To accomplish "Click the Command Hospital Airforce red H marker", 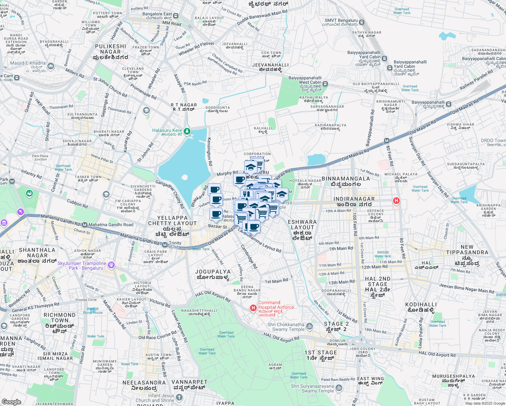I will coord(253,308).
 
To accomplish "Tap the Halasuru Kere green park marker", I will coord(187,131).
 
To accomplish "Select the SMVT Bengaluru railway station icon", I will coord(362,22).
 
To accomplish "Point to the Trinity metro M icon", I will coord(165,245).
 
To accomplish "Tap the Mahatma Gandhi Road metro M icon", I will coord(85,225).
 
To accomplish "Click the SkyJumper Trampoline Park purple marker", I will coord(111,265).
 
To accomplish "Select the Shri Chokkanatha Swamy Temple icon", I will coord(309,326).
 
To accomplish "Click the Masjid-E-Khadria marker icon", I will coord(51,66).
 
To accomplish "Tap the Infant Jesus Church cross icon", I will coord(179,398).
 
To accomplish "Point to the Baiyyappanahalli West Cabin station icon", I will coord(325,84).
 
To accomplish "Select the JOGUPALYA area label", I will coord(213,274).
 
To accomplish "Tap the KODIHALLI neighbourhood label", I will coord(421,307).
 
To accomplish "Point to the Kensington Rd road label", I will coord(209,151).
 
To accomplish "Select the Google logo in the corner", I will coord(11,402).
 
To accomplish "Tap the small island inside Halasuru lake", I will coord(184,177).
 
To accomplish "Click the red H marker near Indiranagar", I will coord(396,201).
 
